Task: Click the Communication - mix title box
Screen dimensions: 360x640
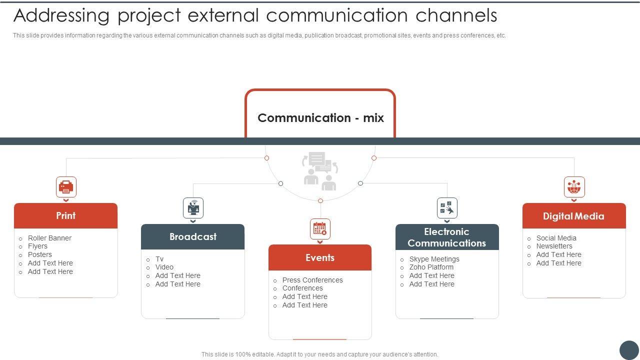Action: pos(320,117)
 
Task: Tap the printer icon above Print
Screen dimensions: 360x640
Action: pos(66,187)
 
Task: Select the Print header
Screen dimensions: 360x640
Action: pos(65,216)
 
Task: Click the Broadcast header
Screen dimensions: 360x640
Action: pos(192,237)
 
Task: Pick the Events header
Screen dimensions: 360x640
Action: pos(320,258)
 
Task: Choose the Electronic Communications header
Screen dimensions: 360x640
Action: pos(446,237)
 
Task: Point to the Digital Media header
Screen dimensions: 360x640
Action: pos(573,216)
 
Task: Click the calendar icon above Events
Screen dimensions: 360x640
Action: pos(320,229)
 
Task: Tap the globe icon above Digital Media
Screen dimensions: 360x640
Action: pos(574,187)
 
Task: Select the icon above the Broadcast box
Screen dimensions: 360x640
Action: pos(193,207)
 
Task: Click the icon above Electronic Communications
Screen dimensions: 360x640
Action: pos(447,207)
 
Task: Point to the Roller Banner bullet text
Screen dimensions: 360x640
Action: pos(49,238)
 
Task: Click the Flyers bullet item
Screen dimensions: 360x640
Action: pos(37,246)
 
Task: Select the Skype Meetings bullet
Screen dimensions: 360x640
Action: pos(434,259)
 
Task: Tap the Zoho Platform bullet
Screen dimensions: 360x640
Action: pos(431,267)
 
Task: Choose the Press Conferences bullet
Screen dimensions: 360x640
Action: pos(312,280)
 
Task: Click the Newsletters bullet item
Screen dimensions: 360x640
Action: pos(554,246)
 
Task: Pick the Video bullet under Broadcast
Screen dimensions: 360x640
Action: pos(164,267)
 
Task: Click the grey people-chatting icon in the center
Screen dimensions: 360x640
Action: pos(320,171)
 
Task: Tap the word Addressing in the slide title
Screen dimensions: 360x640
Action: pos(61,16)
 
